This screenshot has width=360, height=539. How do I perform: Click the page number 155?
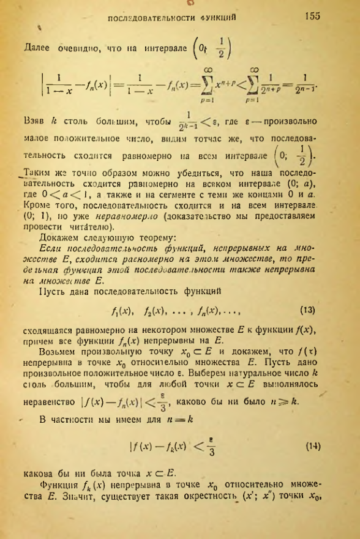(x=312, y=17)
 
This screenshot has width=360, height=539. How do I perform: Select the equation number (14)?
(x=310, y=464)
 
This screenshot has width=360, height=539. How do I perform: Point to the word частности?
(x=74, y=437)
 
